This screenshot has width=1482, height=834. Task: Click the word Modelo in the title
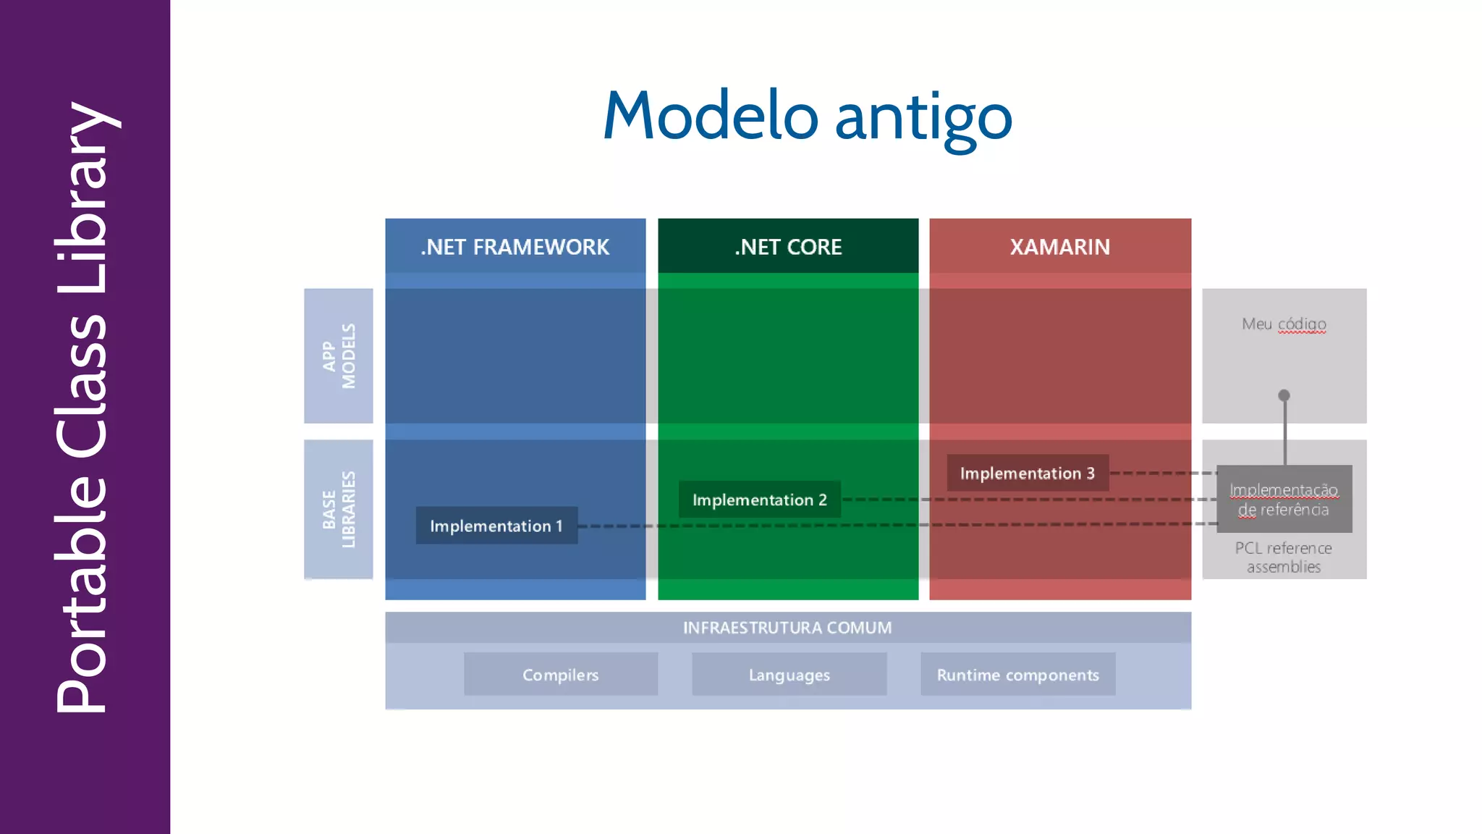click(710, 116)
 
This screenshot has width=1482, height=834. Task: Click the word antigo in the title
click(923, 117)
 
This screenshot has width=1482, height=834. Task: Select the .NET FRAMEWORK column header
click(515, 247)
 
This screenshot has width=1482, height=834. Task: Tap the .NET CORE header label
click(788, 247)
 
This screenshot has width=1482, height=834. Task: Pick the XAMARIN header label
click(1059, 247)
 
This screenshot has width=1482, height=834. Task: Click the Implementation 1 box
click(496, 526)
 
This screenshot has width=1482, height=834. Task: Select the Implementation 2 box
click(759, 500)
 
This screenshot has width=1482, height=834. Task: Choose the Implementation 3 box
click(1028, 473)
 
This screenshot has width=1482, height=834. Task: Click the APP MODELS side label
click(339, 356)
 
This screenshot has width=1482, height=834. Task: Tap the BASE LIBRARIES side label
click(339, 509)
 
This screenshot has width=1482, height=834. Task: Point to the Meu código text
click(1284, 324)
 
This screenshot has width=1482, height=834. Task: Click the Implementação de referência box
click(1284, 500)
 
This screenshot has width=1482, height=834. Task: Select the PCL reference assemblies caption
click(1284, 557)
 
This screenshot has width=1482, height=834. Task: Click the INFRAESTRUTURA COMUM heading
click(787, 628)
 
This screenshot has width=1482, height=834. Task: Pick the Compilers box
click(561, 675)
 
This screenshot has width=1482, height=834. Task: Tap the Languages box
click(789, 675)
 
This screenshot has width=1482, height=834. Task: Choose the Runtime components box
click(1017, 675)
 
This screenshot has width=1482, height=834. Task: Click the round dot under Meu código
click(1284, 395)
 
